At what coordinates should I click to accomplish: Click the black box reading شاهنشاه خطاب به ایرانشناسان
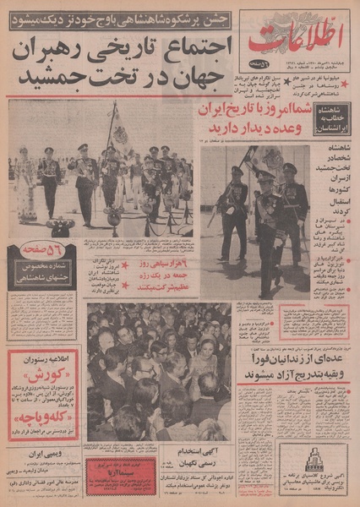[331, 119]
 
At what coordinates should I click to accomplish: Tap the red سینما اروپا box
[118, 466]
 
